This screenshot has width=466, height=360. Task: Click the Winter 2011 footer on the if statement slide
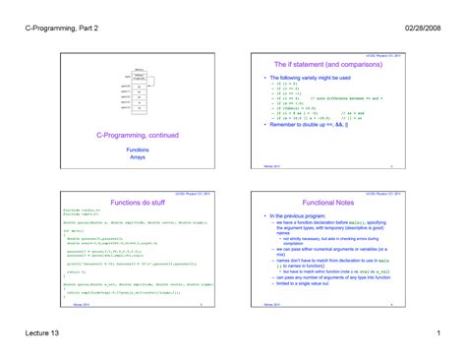(274, 168)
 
